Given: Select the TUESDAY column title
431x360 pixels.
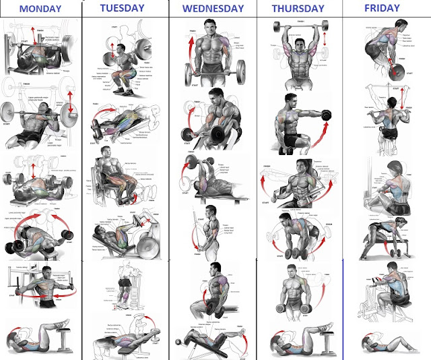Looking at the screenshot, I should (x=122, y=8).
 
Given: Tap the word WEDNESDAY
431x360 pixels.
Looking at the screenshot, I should (x=213, y=9).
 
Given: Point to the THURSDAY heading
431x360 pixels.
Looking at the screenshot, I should (x=299, y=9).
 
